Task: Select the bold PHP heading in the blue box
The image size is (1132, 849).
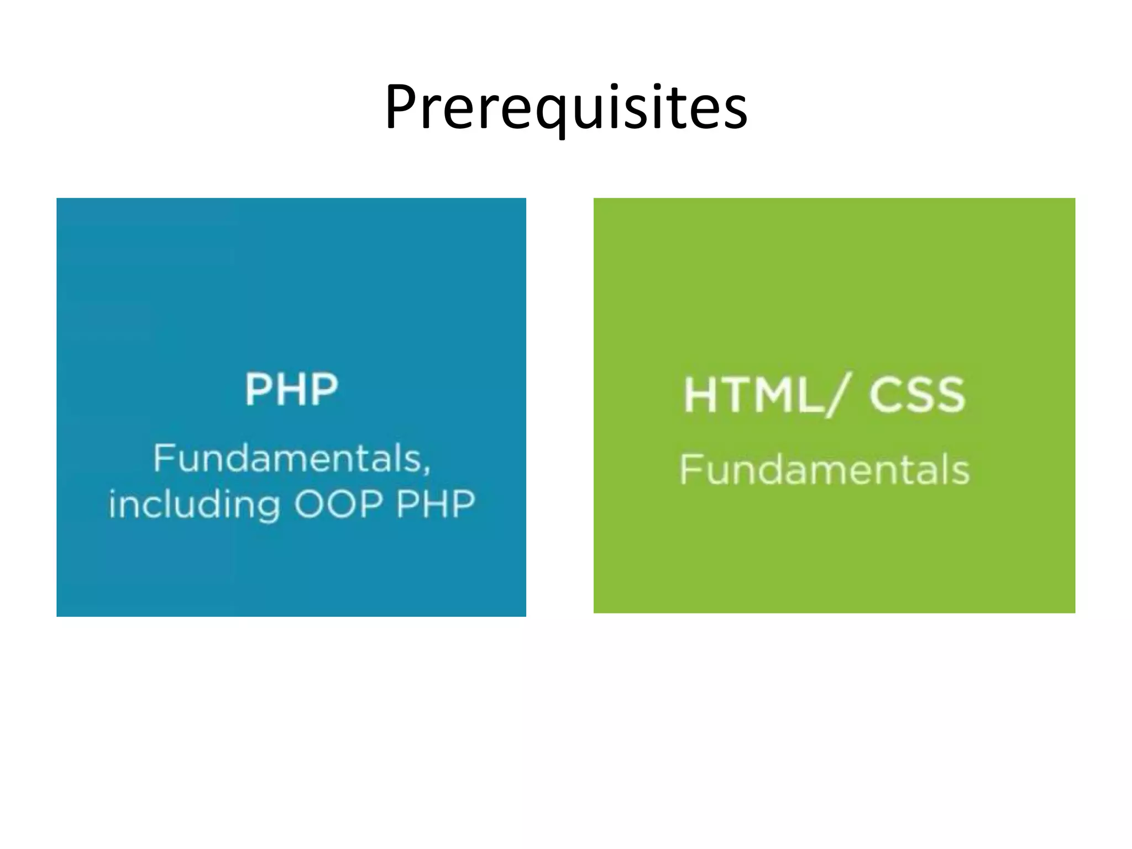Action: pos(291,390)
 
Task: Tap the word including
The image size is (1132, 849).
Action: pos(194,505)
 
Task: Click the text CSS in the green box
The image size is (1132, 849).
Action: pos(918,395)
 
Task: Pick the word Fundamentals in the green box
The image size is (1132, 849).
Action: pos(824,469)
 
